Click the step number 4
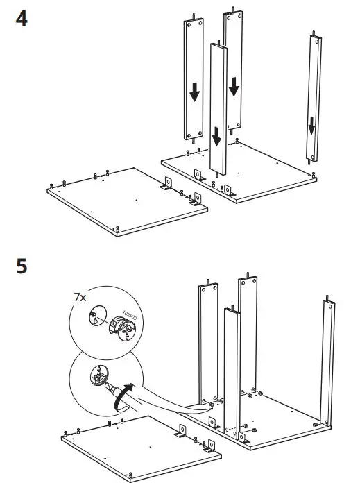pos(22,19)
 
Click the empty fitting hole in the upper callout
pos(95,319)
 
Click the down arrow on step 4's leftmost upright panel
pos(194,91)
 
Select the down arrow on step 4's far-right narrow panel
pos(312,126)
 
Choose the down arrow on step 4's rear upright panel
pos(234,87)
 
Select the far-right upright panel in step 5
pos(327,361)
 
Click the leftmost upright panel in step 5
pos(205,347)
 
